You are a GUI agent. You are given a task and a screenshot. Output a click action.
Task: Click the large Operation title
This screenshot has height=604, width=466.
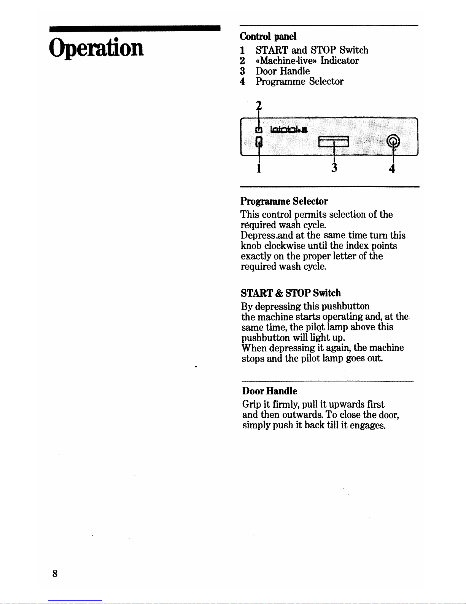click(96, 48)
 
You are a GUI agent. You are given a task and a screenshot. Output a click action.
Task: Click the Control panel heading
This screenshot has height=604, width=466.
click(268, 36)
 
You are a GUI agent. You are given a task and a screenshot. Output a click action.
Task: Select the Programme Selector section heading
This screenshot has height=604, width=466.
click(284, 201)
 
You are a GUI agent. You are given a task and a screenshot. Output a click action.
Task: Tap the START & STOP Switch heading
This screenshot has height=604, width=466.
click(291, 293)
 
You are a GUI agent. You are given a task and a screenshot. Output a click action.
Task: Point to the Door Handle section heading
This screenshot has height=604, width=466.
click(270, 391)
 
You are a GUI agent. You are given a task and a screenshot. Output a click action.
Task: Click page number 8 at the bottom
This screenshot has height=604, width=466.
click(55, 573)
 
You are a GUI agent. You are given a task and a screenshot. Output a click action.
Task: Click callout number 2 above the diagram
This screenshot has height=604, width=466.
click(259, 105)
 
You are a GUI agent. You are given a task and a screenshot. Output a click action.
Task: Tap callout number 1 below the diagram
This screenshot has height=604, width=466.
click(259, 168)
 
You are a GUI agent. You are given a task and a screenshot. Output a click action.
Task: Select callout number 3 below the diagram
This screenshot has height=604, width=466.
click(334, 168)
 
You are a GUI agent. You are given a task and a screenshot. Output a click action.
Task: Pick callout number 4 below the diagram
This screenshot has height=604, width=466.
click(392, 168)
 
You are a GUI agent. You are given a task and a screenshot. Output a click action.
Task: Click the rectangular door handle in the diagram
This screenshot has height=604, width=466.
click(334, 141)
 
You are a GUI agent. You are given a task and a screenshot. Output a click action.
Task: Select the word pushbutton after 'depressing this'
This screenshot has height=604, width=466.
click(345, 306)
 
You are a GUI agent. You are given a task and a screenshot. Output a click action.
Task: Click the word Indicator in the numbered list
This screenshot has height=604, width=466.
click(339, 61)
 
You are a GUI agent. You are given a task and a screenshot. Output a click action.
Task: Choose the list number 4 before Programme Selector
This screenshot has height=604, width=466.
click(243, 82)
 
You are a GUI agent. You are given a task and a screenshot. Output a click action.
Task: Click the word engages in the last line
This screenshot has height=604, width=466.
click(368, 425)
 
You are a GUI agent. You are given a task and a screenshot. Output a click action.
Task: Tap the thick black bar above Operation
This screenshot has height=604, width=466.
click(135, 28)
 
